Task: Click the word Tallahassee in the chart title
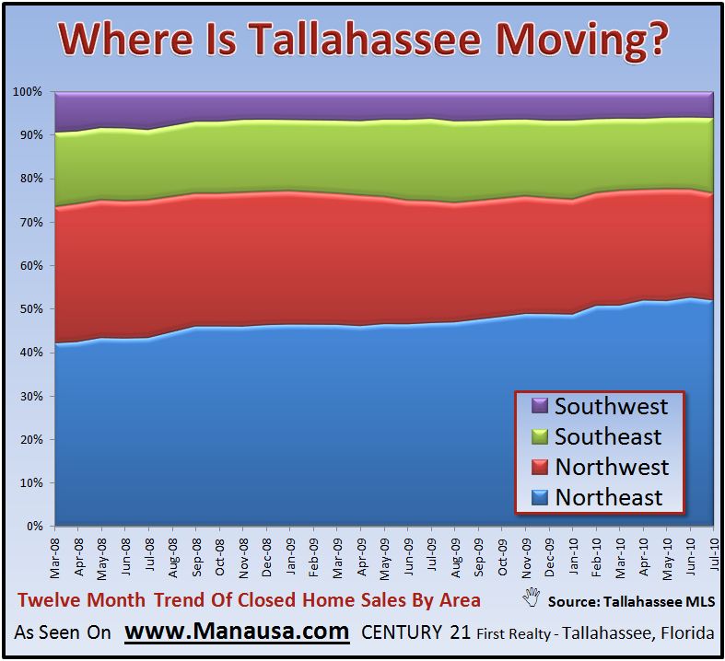[x=366, y=39]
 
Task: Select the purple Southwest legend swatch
[x=540, y=406]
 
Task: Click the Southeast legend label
[x=608, y=436]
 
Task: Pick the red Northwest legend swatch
[x=540, y=467]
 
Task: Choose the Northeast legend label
[x=609, y=497]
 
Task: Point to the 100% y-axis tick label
[x=28, y=92]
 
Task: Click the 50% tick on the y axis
[x=31, y=309]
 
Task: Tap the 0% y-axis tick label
[x=34, y=526]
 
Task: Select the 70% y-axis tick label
[x=31, y=222]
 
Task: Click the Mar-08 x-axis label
[x=55, y=559]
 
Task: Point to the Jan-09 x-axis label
[x=290, y=558]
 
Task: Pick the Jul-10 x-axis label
[x=713, y=556]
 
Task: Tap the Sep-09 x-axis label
[x=478, y=558]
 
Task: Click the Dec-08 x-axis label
[x=267, y=558]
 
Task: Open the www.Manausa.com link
[x=237, y=632]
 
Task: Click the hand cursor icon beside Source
[x=532, y=597]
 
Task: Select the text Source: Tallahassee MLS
[x=631, y=601]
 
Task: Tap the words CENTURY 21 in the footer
[x=415, y=632]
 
